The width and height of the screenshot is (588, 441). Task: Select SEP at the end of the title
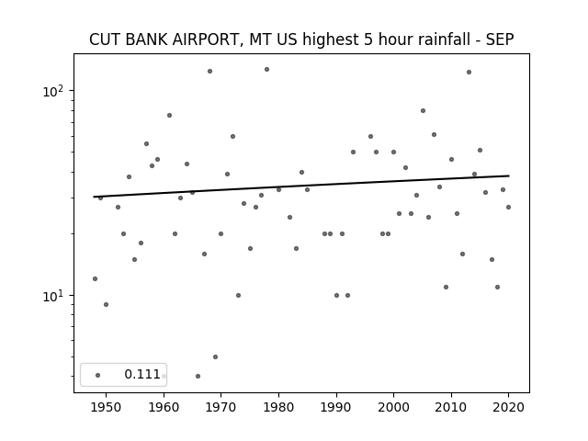500,40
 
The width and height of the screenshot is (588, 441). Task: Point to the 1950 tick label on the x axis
107,407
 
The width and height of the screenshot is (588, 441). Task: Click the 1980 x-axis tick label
278,407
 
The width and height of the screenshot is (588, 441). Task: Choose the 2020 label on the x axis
508,407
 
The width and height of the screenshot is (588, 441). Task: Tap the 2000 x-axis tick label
393,407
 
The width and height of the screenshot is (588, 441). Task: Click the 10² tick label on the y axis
53,91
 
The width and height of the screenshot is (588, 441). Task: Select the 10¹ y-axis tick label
53,296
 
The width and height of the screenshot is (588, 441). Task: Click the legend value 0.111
142,374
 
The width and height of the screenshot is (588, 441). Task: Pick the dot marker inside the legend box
98,375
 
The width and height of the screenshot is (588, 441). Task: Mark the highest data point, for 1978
267,70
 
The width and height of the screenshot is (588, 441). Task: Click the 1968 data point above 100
210,72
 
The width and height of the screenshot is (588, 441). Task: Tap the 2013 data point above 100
469,72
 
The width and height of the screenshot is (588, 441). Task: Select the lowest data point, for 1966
198,376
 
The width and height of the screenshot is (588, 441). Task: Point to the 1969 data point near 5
215,357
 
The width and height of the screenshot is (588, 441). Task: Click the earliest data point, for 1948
95,278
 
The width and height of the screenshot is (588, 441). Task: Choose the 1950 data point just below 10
107,304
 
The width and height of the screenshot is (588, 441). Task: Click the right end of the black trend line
509,175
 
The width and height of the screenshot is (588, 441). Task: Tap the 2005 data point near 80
423,110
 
